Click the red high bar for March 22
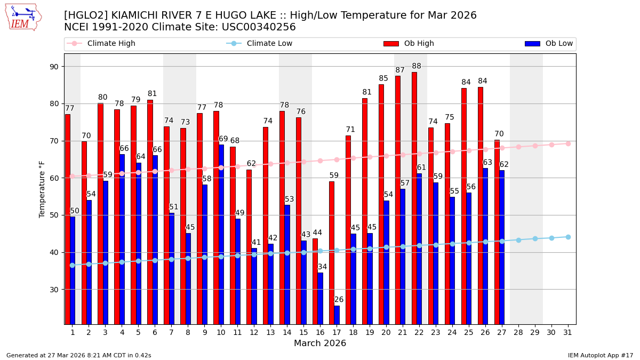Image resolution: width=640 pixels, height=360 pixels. click(x=414, y=197)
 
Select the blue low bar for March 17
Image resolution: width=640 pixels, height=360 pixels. click(x=337, y=315)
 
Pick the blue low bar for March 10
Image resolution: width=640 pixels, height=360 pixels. click(x=221, y=234)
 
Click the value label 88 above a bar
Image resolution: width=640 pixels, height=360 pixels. click(x=417, y=67)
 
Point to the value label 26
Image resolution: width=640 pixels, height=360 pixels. click(x=339, y=300)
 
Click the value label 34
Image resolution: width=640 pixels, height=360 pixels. click(x=322, y=267)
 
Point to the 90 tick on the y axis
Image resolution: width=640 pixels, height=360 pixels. click(x=54, y=67)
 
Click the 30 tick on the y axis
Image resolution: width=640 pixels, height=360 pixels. click(x=54, y=290)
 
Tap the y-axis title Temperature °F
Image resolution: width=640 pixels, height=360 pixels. click(x=42, y=189)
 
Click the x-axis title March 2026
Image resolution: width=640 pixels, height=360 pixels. click(x=320, y=343)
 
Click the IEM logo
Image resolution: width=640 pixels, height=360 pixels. click(x=23, y=17)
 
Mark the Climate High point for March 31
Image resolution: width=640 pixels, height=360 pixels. click(x=568, y=143)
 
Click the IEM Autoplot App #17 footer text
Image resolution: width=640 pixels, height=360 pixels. click(x=600, y=355)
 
